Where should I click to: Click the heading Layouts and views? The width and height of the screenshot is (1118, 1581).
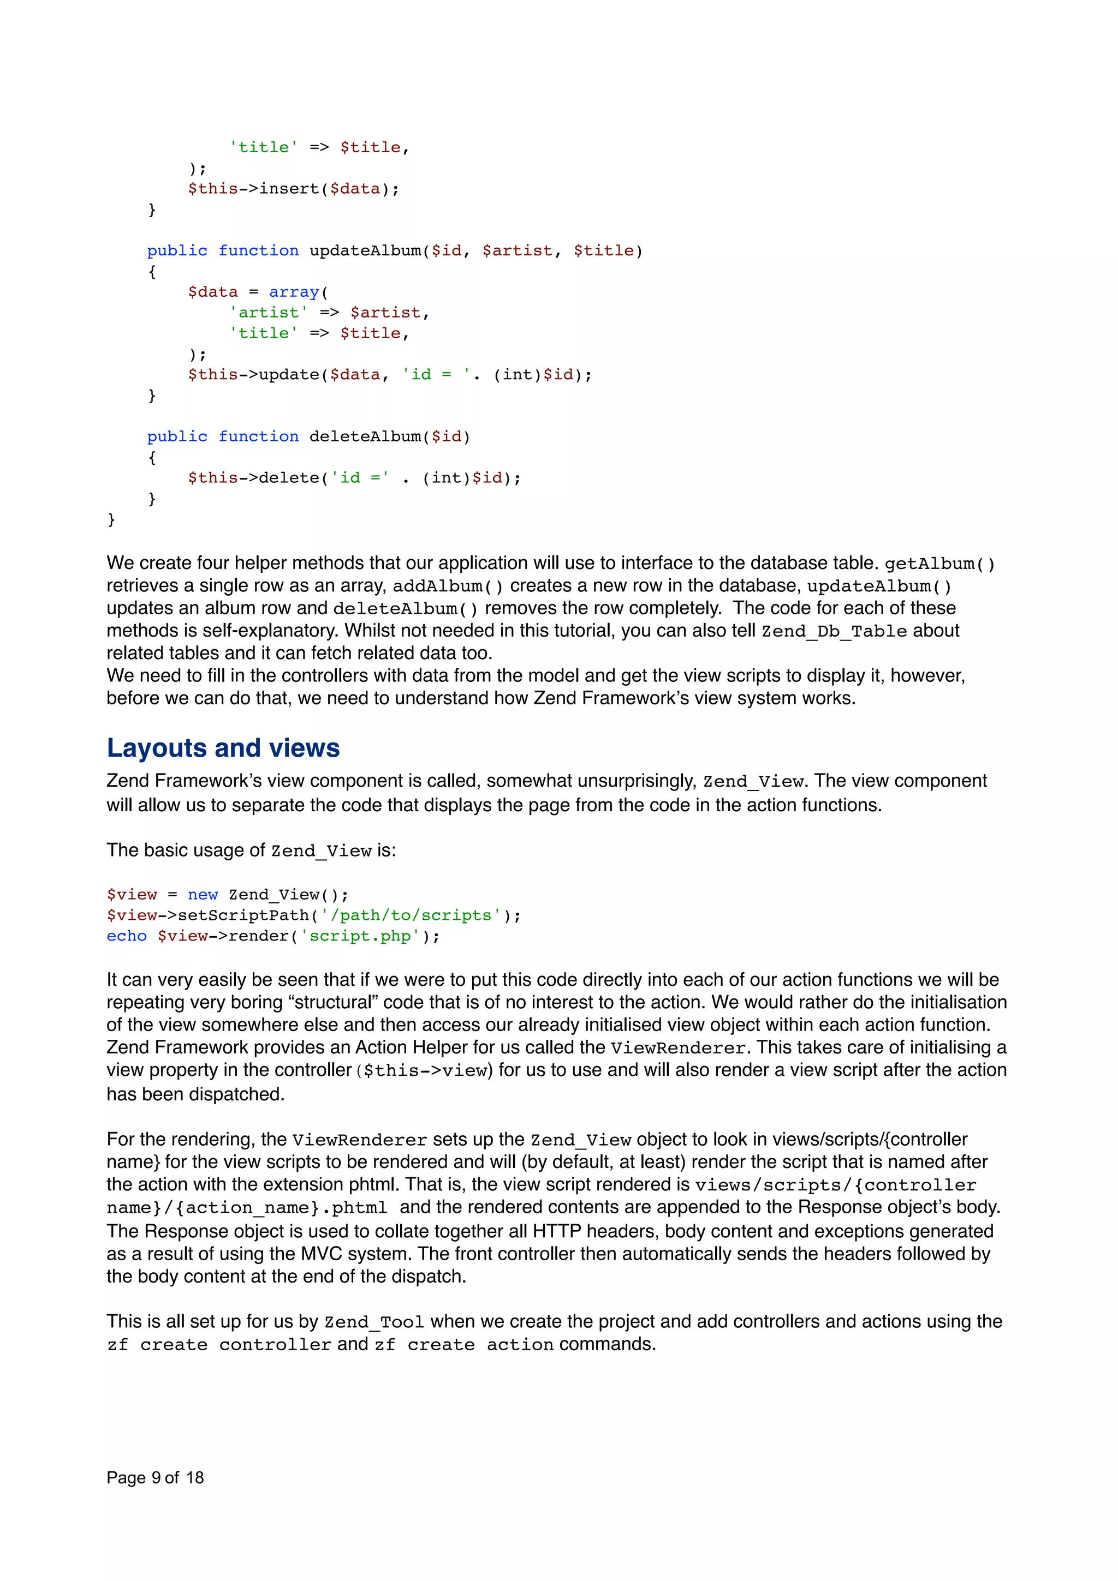(x=223, y=748)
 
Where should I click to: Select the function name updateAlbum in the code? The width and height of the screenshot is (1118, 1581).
(x=365, y=250)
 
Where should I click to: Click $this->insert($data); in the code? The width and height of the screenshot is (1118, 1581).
(x=294, y=189)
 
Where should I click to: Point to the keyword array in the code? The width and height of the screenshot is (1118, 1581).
(x=294, y=292)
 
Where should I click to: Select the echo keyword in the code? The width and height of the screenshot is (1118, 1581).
(x=127, y=936)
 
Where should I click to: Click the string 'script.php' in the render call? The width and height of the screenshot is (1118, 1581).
(x=360, y=936)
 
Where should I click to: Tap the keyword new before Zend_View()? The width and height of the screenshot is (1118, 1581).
(x=203, y=895)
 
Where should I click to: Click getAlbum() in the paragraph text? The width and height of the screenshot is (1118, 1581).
(x=939, y=564)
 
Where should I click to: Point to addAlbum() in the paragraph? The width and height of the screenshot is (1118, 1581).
(x=448, y=586)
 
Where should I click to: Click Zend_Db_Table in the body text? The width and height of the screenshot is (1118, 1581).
(x=834, y=631)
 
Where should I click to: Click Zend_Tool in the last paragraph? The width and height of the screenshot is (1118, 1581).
(x=374, y=1322)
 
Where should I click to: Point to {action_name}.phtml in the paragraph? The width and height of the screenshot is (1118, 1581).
(x=276, y=1208)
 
